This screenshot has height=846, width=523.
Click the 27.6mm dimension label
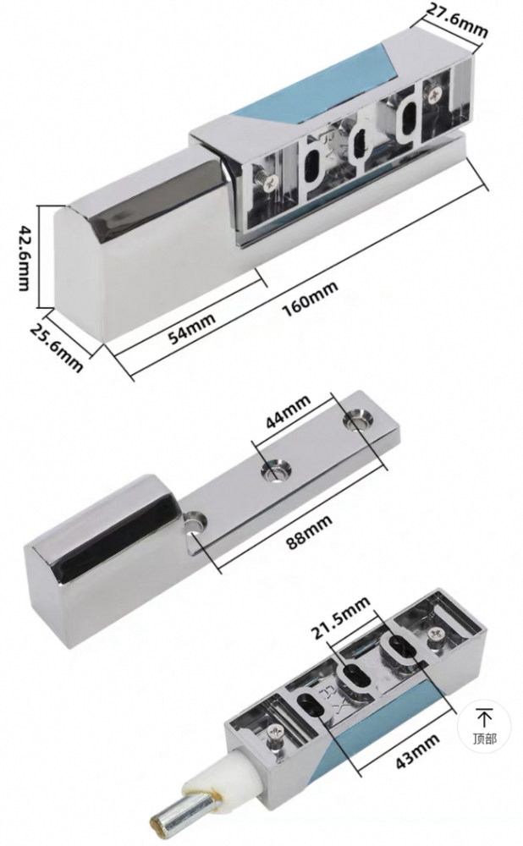(x=456, y=20)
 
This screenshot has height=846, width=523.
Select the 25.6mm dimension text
(x=56, y=346)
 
